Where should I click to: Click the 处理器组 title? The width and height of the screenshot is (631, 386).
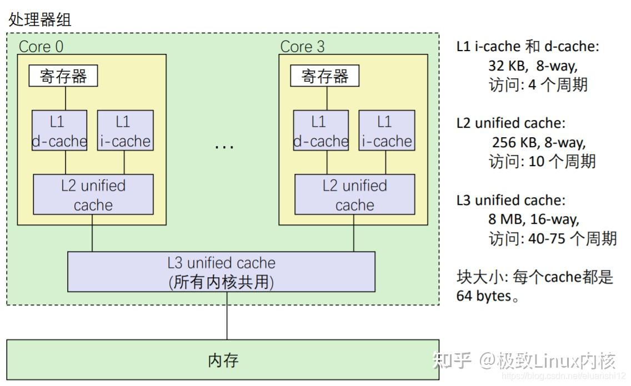point(40,19)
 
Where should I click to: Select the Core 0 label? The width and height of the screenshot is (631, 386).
point(41,47)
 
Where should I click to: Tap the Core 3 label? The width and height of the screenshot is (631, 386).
point(302,47)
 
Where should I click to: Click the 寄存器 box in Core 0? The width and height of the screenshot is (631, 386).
point(63,76)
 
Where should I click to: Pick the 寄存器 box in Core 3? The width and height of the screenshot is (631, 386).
point(325,76)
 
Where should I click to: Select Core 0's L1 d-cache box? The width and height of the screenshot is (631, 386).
point(59,131)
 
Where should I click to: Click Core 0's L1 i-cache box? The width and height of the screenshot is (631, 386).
point(125,131)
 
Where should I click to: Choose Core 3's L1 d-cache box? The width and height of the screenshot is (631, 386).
point(320,131)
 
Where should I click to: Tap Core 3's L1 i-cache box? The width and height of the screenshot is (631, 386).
point(387,131)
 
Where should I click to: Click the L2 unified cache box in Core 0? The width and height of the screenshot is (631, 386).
point(93,194)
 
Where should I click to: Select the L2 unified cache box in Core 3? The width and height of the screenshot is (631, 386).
point(354,194)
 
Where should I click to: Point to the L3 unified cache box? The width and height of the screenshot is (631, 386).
point(221,272)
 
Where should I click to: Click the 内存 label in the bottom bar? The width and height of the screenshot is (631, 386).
point(223,360)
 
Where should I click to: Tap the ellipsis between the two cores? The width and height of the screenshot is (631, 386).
point(224,147)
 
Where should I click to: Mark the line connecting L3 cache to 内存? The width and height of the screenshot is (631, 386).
point(227,316)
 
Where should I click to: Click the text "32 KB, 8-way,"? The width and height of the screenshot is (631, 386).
point(533,66)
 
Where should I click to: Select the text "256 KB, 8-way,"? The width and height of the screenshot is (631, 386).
point(539,143)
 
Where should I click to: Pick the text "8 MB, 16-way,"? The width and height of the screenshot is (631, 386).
point(534,219)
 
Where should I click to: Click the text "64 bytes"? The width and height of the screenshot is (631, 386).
point(484,296)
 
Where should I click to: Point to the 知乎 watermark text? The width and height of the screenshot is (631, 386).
point(452,360)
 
